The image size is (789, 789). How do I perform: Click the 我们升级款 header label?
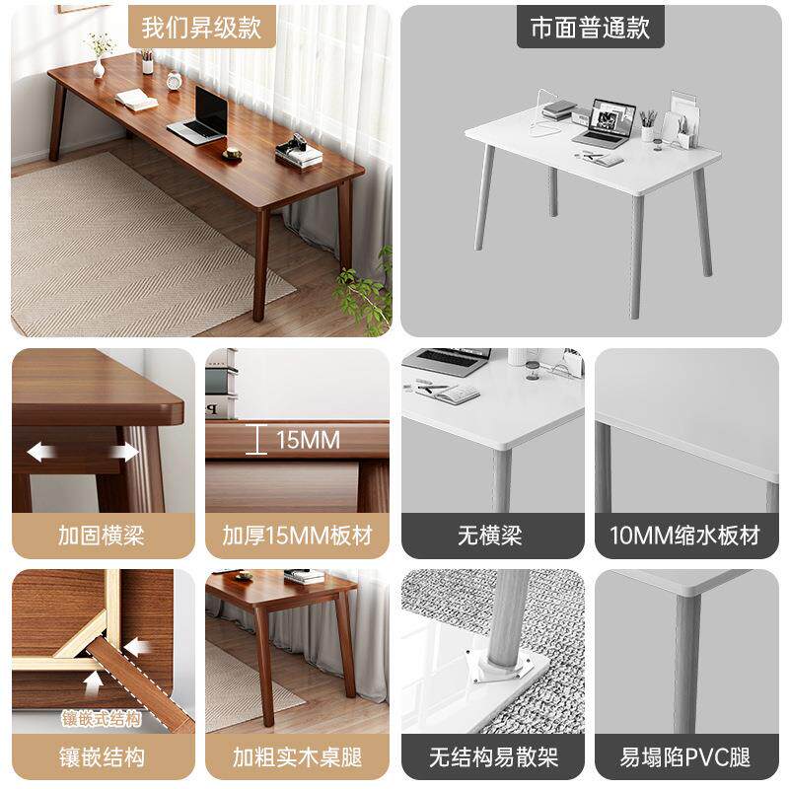pos(201,28)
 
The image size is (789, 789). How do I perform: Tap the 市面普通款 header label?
pos(590,28)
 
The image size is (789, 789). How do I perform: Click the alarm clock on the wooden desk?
pos(175,81)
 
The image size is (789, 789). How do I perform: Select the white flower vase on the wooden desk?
pos(99,68)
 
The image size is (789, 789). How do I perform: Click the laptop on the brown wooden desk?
pos(199,116)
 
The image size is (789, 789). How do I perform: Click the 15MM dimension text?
pos(308,440)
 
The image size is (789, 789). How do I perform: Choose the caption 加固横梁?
pos(102,536)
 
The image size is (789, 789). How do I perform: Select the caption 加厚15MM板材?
pos(298,536)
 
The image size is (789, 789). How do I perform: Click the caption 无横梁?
pos(489,536)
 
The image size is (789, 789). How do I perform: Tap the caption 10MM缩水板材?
pos(684,536)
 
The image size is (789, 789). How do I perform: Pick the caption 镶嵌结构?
pos(102,757)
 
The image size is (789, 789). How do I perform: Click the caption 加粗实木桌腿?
pos(297,757)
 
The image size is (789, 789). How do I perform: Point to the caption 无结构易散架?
pos(494,757)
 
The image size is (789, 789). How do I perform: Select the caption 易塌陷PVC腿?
pos(685,757)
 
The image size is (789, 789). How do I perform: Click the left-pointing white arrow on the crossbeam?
pos(41,453)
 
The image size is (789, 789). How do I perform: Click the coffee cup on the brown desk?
pos(233,153)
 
